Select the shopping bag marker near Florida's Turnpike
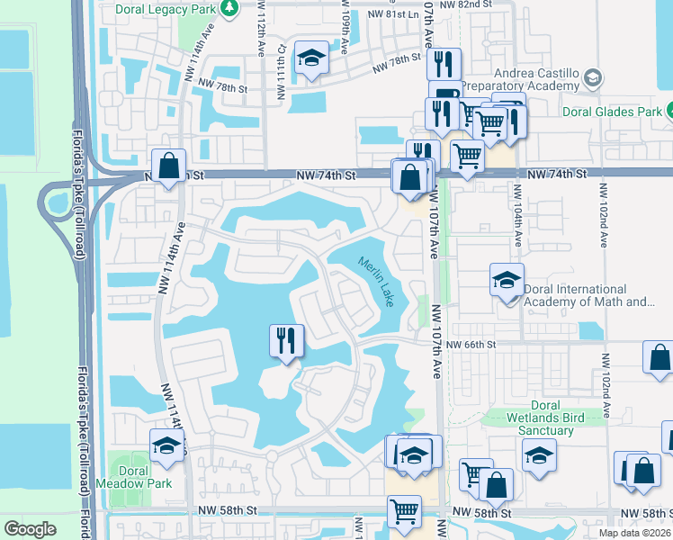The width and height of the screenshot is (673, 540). click(168, 165)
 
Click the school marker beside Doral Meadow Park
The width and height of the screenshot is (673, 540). click(166, 445)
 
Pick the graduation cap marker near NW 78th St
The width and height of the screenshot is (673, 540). click(311, 58)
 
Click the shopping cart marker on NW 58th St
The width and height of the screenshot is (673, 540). click(404, 510)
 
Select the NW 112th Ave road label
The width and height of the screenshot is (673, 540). click(259, 36)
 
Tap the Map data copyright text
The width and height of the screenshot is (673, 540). click(635, 533)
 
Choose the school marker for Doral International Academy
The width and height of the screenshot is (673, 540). click(507, 280)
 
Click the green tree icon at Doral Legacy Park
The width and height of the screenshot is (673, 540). click(229, 7)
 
